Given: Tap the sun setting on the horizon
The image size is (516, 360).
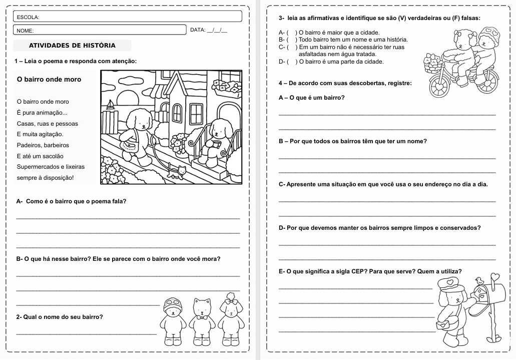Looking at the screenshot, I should pyautogui.click(x=127, y=98).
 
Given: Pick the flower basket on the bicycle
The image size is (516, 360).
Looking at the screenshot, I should pyautogui.click(x=431, y=62).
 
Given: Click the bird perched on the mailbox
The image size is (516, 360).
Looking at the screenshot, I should pyautogui.click(x=479, y=280).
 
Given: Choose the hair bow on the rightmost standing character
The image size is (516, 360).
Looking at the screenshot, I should pyautogui.click(x=231, y=301).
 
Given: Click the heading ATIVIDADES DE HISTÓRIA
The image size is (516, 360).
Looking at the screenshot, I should pyautogui.click(x=72, y=46).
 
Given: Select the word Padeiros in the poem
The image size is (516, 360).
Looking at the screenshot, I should pyautogui.click(x=29, y=145).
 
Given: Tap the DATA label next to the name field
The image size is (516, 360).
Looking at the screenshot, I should pyautogui.click(x=198, y=30).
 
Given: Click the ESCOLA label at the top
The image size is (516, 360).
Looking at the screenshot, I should pyautogui.click(x=28, y=17).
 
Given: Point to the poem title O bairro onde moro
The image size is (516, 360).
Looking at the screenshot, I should pyautogui.click(x=49, y=79).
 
